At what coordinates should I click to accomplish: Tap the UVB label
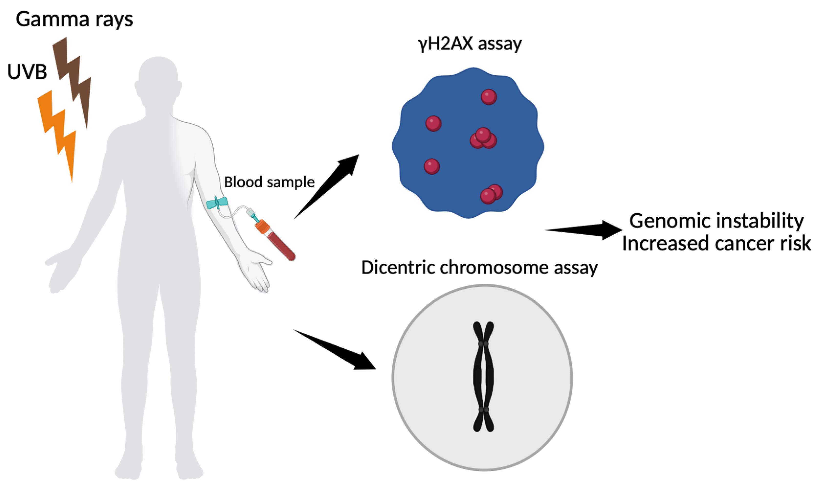tap(27, 72)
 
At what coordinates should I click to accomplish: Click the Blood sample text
tap(269, 182)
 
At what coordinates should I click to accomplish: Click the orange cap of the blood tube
tap(262, 227)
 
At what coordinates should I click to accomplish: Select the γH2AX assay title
tap(470, 44)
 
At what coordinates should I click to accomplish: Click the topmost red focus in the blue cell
tap(489, 97)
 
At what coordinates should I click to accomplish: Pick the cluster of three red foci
tap(483, 139)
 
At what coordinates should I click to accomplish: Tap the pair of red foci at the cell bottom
tap(491, 194)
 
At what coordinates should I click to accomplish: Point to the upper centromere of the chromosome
tap(483, 344)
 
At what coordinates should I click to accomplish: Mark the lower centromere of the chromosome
tap(483, 409)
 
